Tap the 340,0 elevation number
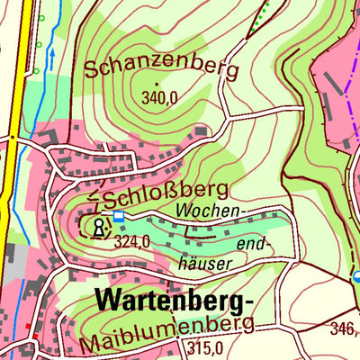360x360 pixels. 158,99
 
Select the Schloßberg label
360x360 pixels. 165,193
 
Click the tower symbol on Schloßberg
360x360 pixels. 97,226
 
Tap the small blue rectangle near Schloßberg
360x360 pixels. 119,216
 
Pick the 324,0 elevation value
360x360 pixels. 134,240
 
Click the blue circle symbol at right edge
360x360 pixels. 356,277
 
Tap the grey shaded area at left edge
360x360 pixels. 13,261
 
